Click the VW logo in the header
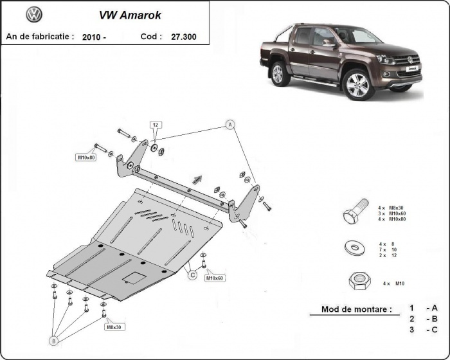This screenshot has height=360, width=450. (x=34, y=14)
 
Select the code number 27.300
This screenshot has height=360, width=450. (x=184, y=37)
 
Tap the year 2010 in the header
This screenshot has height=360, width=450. (x=94, y=37)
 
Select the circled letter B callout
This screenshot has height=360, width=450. (x=54, y=339)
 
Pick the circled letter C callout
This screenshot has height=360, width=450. (x=192, y=275)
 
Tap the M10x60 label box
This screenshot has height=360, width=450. (x=214, y=278)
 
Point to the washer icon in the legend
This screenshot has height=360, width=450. (x=354, y=247)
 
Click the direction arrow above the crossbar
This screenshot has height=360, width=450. (x=197, y=179)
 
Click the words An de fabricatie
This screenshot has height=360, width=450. (x=40, y=37)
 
